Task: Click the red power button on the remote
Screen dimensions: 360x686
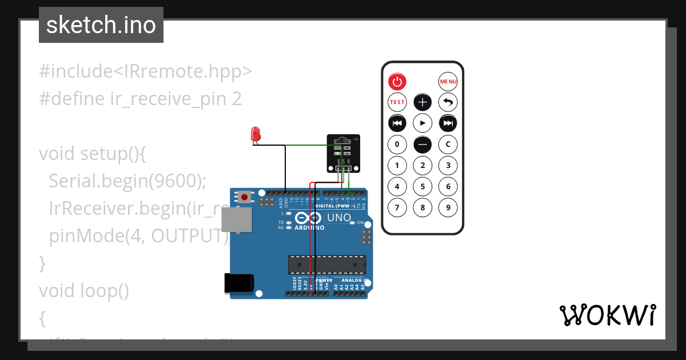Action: tap(397, 82)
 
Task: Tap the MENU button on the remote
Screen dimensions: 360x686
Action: tap(448, 82)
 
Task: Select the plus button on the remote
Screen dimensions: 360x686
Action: tap(422, 102)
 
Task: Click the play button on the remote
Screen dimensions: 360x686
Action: tap(422, 123)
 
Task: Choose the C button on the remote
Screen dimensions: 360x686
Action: tap(448, 144)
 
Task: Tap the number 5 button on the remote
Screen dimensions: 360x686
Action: tap(422, 186)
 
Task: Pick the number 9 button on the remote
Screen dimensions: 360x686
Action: tap(448, 207)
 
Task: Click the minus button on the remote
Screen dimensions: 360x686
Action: tap(422, 145)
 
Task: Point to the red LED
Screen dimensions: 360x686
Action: tap(255, 134)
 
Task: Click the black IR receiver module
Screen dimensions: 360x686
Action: tap(344, 153)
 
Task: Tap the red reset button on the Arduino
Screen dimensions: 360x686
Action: tap(245, 197)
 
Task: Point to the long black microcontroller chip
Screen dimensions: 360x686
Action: tap(326, 265)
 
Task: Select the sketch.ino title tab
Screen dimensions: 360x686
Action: tap(101, 25)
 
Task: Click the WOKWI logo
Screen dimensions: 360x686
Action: tap(607, 315)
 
